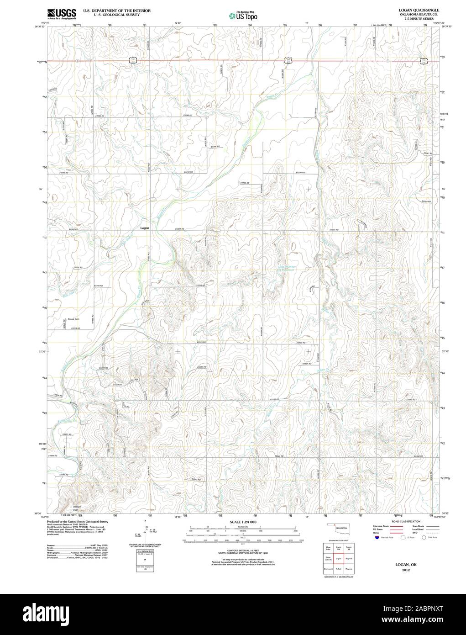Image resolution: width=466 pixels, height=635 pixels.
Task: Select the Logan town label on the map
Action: (145, 228)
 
